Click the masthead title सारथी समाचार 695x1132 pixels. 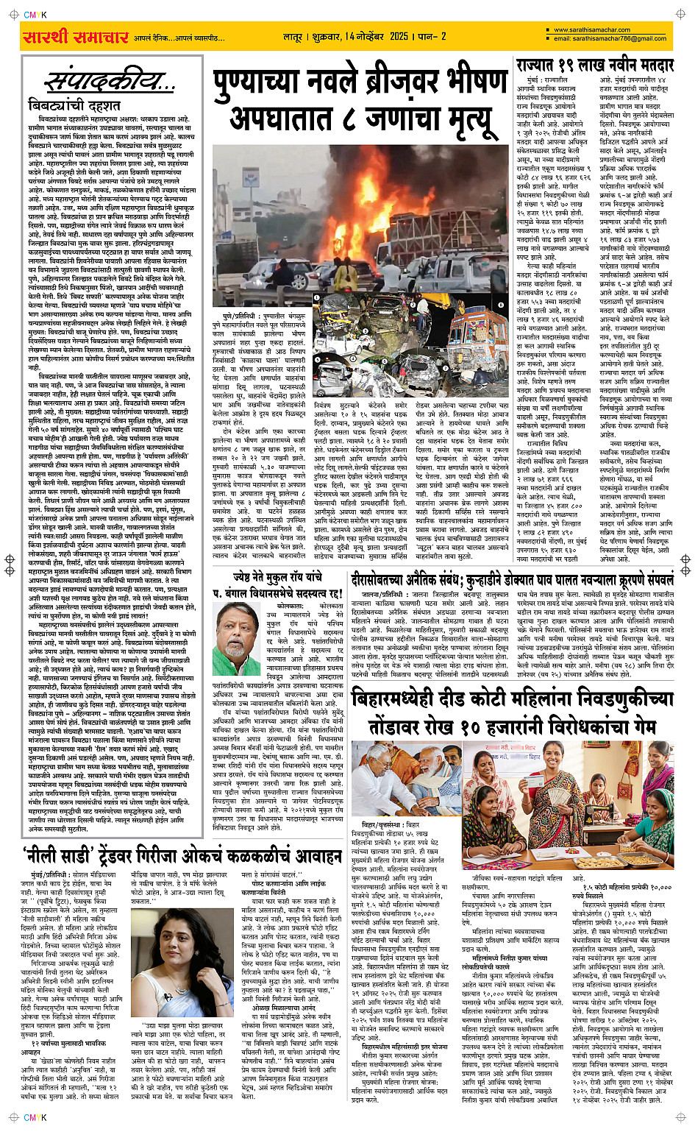tap(75, 37)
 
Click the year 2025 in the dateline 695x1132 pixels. tap(399, 36)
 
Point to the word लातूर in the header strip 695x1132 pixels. tap(294, 36)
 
